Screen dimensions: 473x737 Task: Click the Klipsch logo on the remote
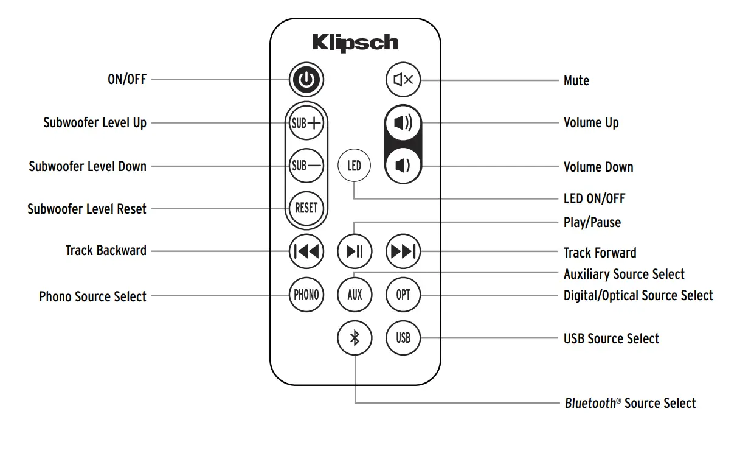[355, 43]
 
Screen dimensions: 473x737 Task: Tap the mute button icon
[403, 80]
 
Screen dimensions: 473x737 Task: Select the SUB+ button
[306, 124]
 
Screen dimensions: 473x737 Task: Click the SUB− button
[306, 166]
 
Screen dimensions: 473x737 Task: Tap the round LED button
[354, 166]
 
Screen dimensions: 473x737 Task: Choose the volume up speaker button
[403, 124]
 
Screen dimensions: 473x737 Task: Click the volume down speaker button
[403, 165]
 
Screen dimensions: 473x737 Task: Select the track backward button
[306, 251]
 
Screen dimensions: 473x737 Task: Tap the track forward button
[403, 251]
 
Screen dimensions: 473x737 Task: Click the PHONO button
[306, 295]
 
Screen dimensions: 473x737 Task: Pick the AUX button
[355, 295]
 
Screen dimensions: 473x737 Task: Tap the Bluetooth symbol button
[355, 338]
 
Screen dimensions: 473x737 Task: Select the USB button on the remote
[403, 338]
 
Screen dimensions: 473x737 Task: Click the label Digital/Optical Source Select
[638, 296]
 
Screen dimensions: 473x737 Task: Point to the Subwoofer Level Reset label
[87, 209]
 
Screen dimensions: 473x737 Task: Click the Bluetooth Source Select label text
[630, 403]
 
